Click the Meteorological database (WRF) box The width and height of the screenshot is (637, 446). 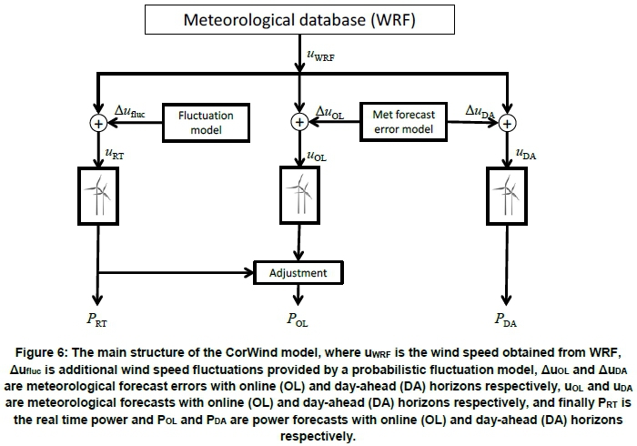coord(300,19)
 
